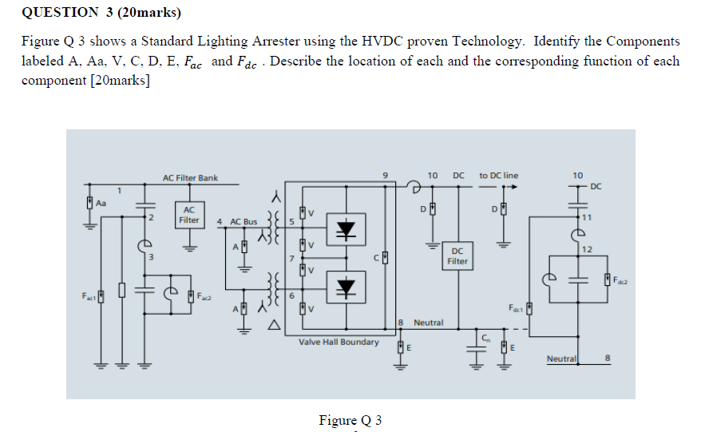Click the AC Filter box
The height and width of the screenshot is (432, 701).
coord(189,215)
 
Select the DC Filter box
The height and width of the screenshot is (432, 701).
coord(457,256)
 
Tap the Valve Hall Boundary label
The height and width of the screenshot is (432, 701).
coord(339,342)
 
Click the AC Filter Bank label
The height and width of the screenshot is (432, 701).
coord(190,178)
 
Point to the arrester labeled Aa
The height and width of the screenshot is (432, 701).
coord(90,203)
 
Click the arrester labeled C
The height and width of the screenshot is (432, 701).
coord(385,258)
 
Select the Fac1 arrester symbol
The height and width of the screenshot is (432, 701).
coord(101,296)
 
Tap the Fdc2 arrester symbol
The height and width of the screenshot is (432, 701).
coord(607,279)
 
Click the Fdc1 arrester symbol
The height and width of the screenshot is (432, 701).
coord(529,308)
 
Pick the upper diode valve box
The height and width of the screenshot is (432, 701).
coord(346,229)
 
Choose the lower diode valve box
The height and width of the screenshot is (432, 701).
coord(346,287)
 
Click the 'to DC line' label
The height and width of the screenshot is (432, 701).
coord(498,176)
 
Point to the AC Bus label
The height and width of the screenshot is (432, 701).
coord(244,222)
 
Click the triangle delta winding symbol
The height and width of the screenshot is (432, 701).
coord(274,325)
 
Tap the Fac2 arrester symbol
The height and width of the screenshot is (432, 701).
coord(191,296)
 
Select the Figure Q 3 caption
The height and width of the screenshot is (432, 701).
coord(350,420)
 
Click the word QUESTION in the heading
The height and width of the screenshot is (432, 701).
coord(60,12)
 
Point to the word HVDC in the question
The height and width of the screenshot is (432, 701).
coord(382,42)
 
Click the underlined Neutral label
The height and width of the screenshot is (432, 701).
coord(561,359)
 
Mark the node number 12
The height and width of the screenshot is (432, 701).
coord(587,249)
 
